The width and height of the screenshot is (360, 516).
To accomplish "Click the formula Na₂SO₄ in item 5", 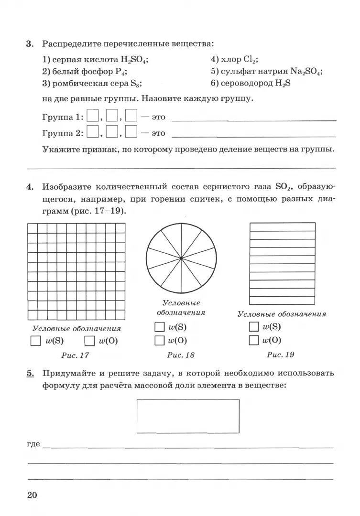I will tap(306, 71).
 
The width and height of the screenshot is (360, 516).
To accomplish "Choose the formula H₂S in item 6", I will tap(283, 83).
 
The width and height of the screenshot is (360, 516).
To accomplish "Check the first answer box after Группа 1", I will tap(93, 117).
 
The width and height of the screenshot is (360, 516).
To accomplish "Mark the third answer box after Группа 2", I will tap(131, 132).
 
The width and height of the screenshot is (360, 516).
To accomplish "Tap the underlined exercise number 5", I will tap(30, 373).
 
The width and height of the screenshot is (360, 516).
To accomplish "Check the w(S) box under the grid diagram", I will tap(35, 341).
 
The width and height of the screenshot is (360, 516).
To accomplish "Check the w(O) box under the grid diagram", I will tap(89, 341).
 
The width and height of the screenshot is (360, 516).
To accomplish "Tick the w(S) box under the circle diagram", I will tap(159, 327).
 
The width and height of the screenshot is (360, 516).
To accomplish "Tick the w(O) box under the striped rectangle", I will tap(254, 340).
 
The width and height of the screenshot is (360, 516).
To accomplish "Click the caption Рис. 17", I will tap(75, 355).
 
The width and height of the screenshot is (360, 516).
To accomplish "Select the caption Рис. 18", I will tap(181, 355).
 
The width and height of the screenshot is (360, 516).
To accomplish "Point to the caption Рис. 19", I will tap(280, 355).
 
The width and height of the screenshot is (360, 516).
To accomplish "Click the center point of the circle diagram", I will tap(181, 258).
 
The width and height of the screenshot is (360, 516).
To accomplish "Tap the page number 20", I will tap(32, 495).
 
